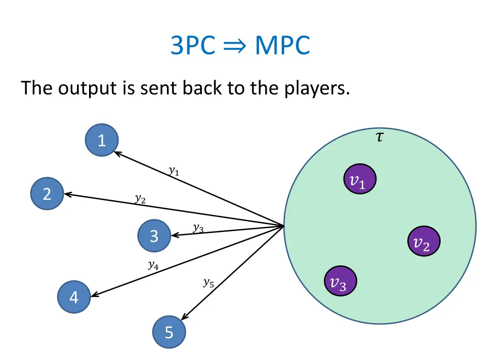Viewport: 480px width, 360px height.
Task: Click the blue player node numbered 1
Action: tap(102, 140)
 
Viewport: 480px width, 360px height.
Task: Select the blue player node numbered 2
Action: tap(47, 194)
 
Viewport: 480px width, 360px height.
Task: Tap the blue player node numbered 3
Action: tap(154, 236)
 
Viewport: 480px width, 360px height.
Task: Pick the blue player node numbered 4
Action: tap(74, 297)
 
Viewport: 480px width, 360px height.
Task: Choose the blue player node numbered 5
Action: tap(169, 332)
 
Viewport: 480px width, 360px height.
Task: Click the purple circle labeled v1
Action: tap(360, 179)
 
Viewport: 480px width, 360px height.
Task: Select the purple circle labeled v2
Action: tap(423, 241)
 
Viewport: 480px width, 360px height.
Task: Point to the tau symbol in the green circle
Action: tap(379, 137)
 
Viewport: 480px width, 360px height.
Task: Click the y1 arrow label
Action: tap(174, 171)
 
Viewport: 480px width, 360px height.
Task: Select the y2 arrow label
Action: tap(140, 199)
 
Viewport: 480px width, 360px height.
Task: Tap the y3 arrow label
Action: tap(198, 228)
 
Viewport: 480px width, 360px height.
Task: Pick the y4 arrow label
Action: tap(153, 265)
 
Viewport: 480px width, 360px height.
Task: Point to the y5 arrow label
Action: tap(208, 282)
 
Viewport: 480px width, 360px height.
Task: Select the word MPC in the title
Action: tap(282, 46)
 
